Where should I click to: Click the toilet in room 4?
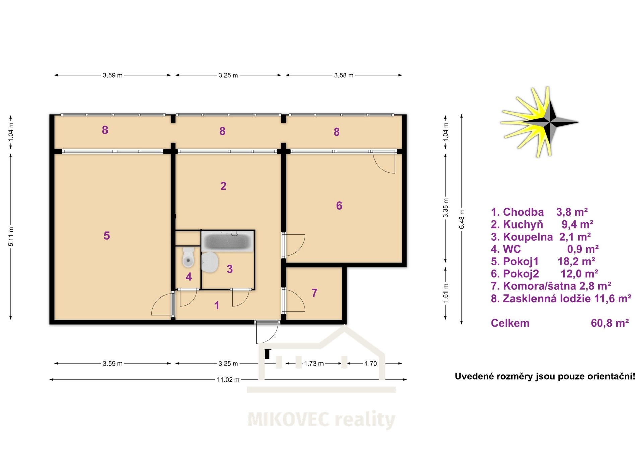[x=188, y=257]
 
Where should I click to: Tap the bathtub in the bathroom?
[x=227, y=241]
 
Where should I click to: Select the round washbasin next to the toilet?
[x=210, y=262]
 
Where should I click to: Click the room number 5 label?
[x=106, y=236]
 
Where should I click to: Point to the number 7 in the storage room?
[x=314, y=293]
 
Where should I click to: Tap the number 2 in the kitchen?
[x=223, y=186]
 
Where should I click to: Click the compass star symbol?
[x=540, y=122]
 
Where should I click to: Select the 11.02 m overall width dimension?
[x=228, y=380]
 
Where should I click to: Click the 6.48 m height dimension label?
[x=462, y=219]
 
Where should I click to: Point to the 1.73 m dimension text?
[x=314, y=363]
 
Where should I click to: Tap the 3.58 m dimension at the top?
[x=344, y=75]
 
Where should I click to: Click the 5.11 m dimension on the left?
[x=11, y=237]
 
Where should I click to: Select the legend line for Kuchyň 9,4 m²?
[x=542, y=224]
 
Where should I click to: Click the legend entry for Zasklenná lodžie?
[x=561, y=299]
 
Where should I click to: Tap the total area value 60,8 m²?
[x=610, y=323]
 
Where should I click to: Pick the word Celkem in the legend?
[x=510, y=323]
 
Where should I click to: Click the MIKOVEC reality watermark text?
[x=321, y=419]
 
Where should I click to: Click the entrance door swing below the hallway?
[x=267, y=332]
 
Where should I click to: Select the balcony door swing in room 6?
[x=384, y=162]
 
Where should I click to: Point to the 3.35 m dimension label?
[x=446, y=208]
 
